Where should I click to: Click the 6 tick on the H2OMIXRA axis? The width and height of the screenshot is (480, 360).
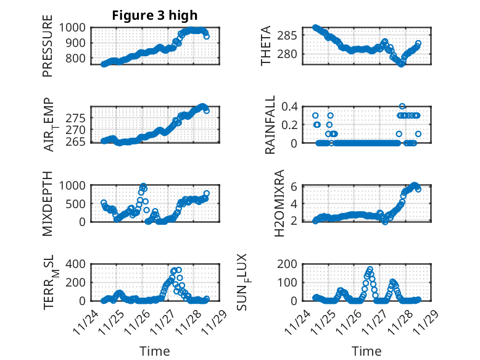(295, 186)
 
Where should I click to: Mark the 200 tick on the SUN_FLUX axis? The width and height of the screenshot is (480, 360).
(288, 264)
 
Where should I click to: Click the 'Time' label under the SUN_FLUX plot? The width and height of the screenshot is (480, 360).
(366, 351)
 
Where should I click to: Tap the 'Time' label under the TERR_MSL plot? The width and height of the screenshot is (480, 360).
(154, 351)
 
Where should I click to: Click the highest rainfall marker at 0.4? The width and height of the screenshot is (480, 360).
(402, 106)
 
